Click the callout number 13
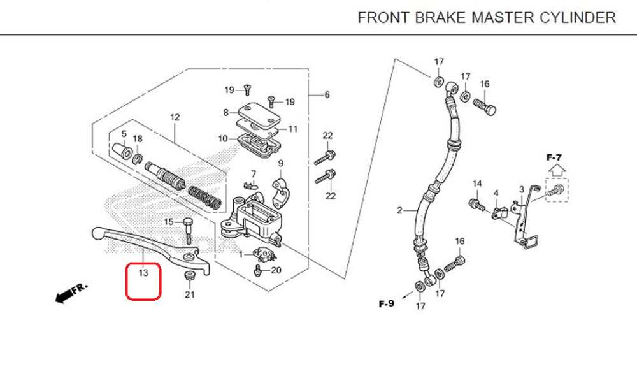coord(143,273)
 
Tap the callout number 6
coord(327,95)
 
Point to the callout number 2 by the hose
coord(400,210)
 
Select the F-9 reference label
coord(386,303)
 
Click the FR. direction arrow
coord(71,293)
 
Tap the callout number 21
coord(190,294)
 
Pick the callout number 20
coord(276,270)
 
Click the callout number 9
coord(280,163)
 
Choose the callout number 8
coord(225,113)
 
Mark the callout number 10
coord(222,138)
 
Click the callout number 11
coord(293,129)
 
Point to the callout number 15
coord(169,222)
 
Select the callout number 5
coord(125,134)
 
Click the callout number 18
coord(138,139)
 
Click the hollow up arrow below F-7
coord(555,170)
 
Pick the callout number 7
coord(253,173)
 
